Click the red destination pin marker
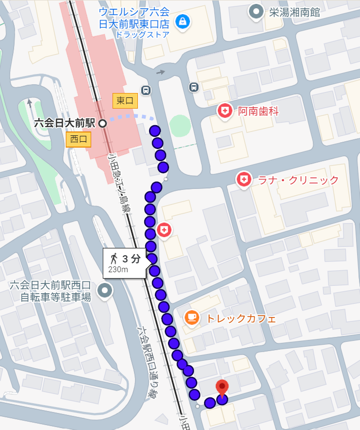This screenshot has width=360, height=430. [x=222, y=388]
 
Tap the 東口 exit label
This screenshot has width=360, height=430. [x=125, y=101]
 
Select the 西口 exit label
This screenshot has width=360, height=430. [x=78, y=139]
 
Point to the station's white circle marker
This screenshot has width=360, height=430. [x=102, y=123]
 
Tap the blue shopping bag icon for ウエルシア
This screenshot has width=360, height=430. [x=183, y=21]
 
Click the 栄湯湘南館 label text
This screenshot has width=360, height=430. [x=295, y=12]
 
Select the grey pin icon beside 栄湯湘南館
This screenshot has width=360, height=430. [x=255, y=12]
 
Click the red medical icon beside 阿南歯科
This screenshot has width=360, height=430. [x=225, y=111]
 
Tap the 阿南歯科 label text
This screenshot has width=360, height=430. [x=258, y=112]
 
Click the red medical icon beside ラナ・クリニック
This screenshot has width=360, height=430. [x=243, y=180]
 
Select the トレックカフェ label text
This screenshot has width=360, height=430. [x=241, y=319]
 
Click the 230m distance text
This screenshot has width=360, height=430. [x=118, y=270]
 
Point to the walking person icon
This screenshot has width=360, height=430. [x=114, y=258]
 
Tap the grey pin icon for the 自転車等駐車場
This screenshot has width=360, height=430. [x=105, y=291]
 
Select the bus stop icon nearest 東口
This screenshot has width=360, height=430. [x=145, y=90]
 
